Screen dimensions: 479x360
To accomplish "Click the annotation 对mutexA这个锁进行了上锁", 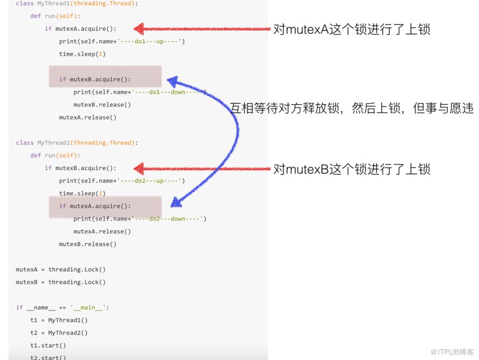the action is [351, 29].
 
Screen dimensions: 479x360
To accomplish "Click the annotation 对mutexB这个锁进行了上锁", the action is [351, 169].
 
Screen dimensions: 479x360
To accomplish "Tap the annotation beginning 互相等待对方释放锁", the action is [351, 108].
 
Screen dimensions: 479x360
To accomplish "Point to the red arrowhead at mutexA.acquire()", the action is [139, 29].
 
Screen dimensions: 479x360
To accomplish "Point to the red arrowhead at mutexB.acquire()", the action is [139, 168].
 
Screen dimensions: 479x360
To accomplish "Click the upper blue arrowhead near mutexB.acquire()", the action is [173, 82].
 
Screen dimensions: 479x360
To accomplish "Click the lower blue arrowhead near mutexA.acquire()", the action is [177, 202].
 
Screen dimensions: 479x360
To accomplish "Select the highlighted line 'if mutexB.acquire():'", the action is [95, 80].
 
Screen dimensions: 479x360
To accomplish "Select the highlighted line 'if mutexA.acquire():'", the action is [95, 206].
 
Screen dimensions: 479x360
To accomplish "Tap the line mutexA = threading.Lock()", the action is [61, 269].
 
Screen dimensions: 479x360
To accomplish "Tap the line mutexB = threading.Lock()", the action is [61, 282].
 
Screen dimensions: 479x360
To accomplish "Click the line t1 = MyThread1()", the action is [59, 320].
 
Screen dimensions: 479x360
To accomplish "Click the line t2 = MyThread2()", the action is [59, 333].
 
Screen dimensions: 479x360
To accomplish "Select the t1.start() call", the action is [48, 345].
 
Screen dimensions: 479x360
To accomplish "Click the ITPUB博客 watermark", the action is [452, 352].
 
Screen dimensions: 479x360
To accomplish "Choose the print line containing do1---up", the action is [122, 41].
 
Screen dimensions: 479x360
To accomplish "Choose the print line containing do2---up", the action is [122, 181].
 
